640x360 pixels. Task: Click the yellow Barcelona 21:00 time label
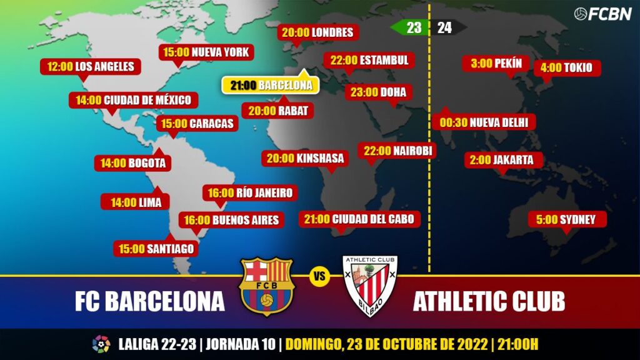[x=271, y=86]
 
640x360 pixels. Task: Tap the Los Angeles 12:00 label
[x=90, y=66]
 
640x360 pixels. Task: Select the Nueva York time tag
[x=206, y=52]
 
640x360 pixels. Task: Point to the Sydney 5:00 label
[x=567, y=219]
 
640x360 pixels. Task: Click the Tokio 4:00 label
[x=567, y=67]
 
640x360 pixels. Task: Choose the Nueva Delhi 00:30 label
[x=484, y=122]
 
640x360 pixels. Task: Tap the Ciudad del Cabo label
[x=359, y=219]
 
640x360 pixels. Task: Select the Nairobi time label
[x=397, y=151]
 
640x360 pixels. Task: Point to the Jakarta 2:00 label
[x=502, y=160]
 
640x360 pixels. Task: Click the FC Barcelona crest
[x=266, y=285]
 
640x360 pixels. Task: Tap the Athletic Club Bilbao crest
[x=371, y=285]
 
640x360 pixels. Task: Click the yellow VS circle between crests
[x=319, y=276]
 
